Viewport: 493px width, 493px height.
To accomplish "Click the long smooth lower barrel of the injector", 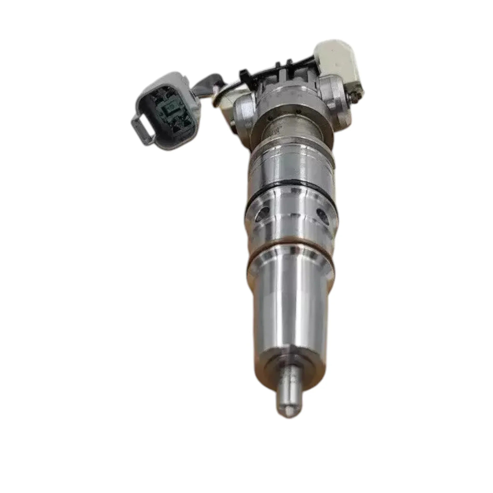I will [x=291, y=306].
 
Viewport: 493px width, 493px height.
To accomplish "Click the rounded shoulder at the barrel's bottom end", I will [x=291, y=357].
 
